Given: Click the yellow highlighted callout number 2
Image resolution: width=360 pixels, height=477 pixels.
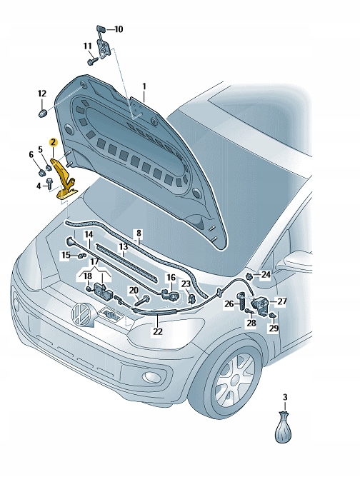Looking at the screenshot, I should pyautogui.click(x=53, y=142).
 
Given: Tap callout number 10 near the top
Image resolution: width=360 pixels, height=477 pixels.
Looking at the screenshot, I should pyautogui.click(x=118, y=29).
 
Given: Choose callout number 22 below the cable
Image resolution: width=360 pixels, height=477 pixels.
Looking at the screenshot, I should pyautogui.click(x=157, y=331).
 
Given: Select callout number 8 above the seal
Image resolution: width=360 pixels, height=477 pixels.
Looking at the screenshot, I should pyautogui.click(x=139, y=233).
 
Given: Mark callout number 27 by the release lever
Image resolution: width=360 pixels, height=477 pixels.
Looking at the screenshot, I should pyautogui.click(x=281, y=301).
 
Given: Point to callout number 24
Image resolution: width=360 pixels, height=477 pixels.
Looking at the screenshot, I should pyautogui.click(x=266, y=274).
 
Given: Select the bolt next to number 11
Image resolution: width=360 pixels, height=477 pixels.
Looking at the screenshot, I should pyautogui.click(x=93, y=62).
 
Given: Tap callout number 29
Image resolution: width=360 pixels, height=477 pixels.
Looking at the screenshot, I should pyautogui.click(x=274, y=328).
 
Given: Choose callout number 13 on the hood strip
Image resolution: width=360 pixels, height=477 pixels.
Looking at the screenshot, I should pyautogui.click(x=123, y=246).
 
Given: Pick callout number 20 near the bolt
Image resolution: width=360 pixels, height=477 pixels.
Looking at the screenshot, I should pyautogui.click(x=133, y=290).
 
